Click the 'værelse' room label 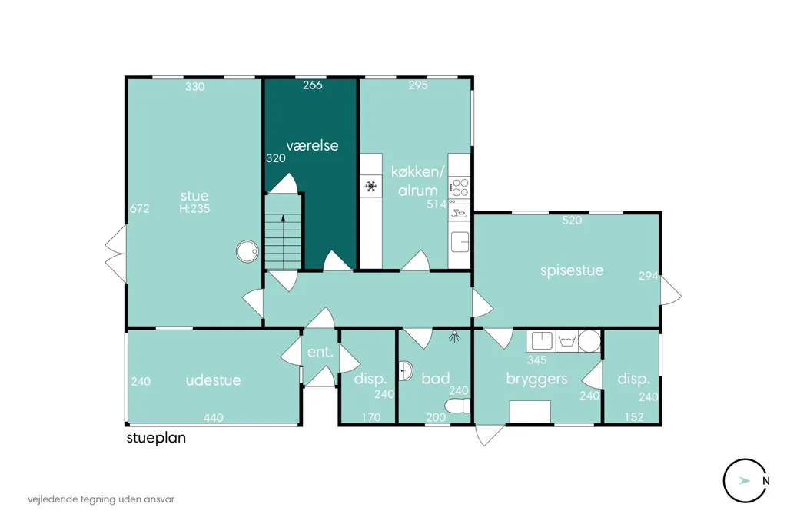pyautogui.click(x=312, y=145)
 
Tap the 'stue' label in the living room pyautogui.click(x=194, y=195)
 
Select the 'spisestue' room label pyautogui.click(x=572, y=270)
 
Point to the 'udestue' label pyautogui.click(x=214, y=380)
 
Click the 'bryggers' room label pyautogui.click(x=536, y=379)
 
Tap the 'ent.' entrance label pyautogui.click(x=320, y=352)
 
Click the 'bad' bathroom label pyautogui.click(x=435, y=378)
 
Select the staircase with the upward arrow pyautogui.click(x=283, y=232)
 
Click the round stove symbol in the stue pyautogui.click(x=247, y=251)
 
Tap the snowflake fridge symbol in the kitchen pyautogui.click(x=371, y=186)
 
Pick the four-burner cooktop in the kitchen pyautogui.click(x=460, y=187)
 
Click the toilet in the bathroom pyautogui.click(x=457, y=406)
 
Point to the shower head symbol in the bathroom pyautogui.click(x=455, y=337)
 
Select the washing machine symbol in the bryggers pyautogui.click(x=566, y=341)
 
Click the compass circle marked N pyautogui.click(x=745, y=480)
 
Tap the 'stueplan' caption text pyautogui.click(x=156, y=438)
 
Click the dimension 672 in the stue pyautogui.click(x=140, y=208)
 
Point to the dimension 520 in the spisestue pyautogui.click(x=572, y=220)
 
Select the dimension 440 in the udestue pyautogui.click(x=214, y=417)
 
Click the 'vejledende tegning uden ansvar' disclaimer pyautogui.click(x=101, y=500)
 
